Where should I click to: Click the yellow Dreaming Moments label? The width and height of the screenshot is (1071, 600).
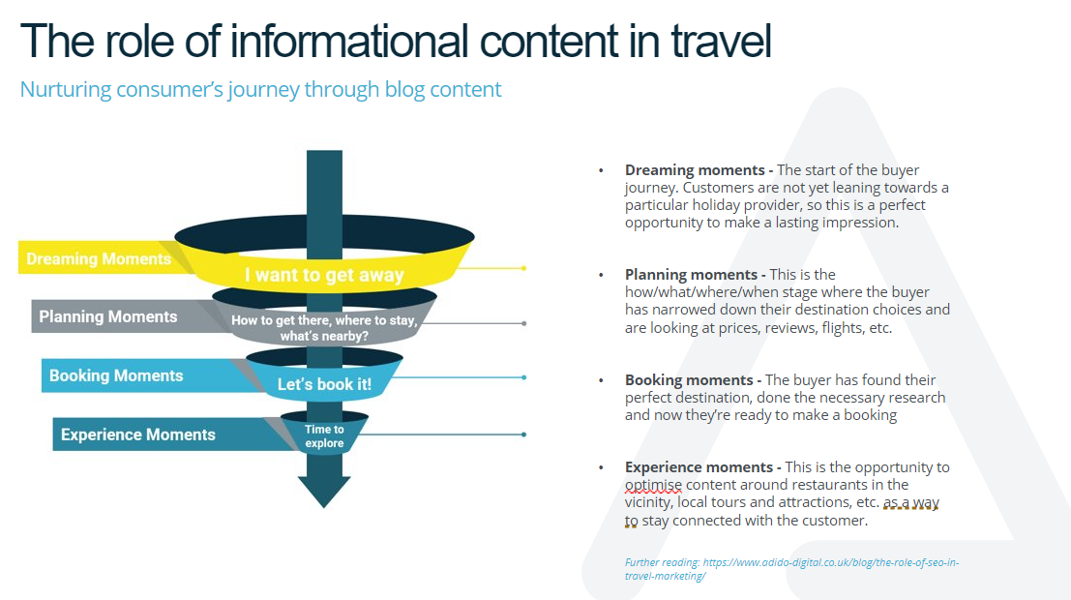click(x=99, y=259)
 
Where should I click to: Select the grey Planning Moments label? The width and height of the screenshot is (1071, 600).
click(x=108, y=317)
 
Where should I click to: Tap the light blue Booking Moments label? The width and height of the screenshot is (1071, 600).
click(x=116, y=375)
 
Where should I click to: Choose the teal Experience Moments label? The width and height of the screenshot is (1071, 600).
click(x=138, y=435)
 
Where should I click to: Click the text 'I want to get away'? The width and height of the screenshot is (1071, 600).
click(x=324, y=275)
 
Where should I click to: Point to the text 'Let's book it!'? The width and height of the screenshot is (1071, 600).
click(x=324, y=384)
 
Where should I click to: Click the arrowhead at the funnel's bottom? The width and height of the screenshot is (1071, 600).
click(x=324, y=492)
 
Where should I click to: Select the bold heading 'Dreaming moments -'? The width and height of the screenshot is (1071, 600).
click(x=699, y=170)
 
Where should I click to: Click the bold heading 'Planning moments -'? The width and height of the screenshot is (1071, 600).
click(x=695, y=275)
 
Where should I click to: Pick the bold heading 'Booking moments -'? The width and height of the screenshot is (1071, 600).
click(x=694, y=380)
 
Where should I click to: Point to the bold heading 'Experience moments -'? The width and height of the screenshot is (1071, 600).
click(x=702, y=467)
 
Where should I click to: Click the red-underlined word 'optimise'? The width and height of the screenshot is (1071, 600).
click(x=653, y=485)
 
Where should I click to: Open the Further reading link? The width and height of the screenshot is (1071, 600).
click(x=791, y=569)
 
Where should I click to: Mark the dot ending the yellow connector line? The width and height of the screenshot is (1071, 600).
click(x=523, y=269)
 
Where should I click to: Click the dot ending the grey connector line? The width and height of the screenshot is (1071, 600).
click(x=523, y=323)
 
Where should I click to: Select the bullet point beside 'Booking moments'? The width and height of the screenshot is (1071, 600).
click(x=601, y=380)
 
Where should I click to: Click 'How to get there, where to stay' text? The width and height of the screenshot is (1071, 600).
click(x=324, y=320)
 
